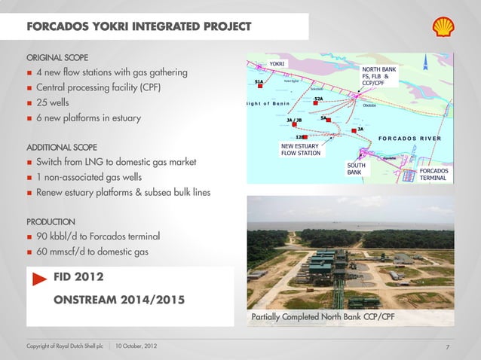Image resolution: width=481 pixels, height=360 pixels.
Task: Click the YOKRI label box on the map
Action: (277, 64)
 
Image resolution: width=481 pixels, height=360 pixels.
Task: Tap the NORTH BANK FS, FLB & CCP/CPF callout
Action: (379, 76)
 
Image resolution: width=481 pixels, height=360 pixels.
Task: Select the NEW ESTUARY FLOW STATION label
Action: (301, 149)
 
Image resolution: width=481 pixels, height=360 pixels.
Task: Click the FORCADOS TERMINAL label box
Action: (434, 175)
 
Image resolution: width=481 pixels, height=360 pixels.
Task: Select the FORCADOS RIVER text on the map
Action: (410, 139)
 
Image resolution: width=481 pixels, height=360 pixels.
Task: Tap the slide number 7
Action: (447, 346)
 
